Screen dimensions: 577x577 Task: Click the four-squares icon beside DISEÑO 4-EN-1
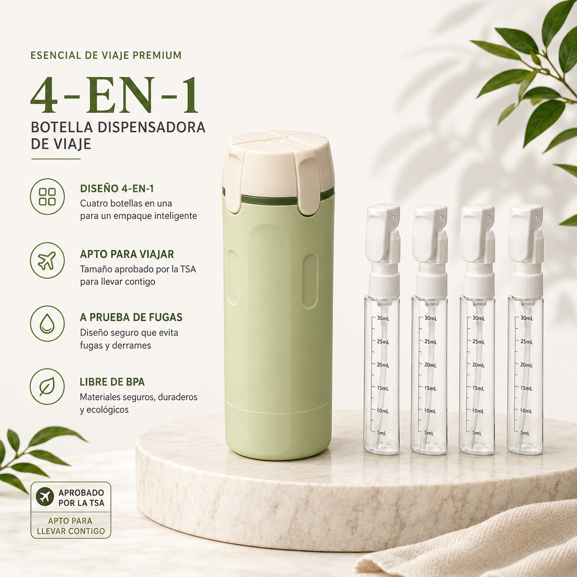[x=47, y=197]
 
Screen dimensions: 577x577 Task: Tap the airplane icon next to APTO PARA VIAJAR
[x=47, y=260]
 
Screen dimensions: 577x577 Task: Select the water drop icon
[x=47, y=323]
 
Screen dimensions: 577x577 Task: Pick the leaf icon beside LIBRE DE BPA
[x=47, y=387]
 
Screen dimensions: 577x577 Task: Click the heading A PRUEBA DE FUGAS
[x=131, y=317]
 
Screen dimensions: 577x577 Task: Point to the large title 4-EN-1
[x=115, y=95]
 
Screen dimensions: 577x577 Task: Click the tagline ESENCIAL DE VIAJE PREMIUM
[x=106, y=55]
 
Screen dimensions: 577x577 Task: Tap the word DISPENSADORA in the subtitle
[x=151, y=127]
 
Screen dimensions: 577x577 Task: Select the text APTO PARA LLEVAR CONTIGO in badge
[x=71, y=526]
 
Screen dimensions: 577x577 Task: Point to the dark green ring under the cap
[x=270, y=200]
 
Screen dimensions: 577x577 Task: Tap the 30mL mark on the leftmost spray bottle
[x=383, y=318]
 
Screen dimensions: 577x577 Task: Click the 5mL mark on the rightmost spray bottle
[x=525, y=433]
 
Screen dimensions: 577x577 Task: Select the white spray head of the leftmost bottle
[x=383, y=234]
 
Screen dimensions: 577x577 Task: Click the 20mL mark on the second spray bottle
[x=430, y=365]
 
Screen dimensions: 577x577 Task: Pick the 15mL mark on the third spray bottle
[x=478, y=388]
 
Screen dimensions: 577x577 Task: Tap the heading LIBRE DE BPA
[x=112, y=382]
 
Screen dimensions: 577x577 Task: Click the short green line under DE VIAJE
[x=56, y=159]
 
